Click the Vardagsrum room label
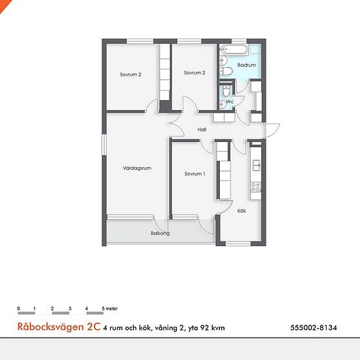click(x=137, y=168)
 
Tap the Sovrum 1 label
click(x=194, y=174)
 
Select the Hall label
click(x=202, y=130)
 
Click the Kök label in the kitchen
click(x=242, y=211)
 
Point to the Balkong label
click(x=160, y=234)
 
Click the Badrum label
click(x=247, y=65)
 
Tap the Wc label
click(x=230, y=101)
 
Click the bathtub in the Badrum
click(x=234, y=50)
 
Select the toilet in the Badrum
click(x=226, y=71)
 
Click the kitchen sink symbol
click(x=256, y=166)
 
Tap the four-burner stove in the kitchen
click(x=256, y=187)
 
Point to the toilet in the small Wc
click(x=226, y=91)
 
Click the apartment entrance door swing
click(x=272, y=131)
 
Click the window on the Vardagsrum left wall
click(x=104, y=145)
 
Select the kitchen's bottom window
click(x=238, y=243)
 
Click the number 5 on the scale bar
click(x=103, y=308)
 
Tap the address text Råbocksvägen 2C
click(x=59, y=327)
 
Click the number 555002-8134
click(x=314, y=327)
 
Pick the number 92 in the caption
click(x=206, y=328)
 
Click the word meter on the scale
click(x=112, y=308)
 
